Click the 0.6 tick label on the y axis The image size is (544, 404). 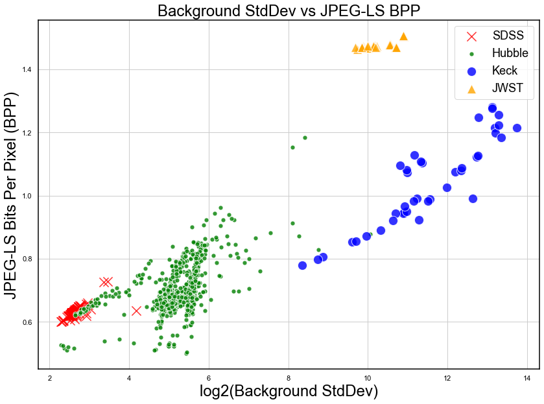point(27,322)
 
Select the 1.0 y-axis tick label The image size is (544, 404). point(27,196)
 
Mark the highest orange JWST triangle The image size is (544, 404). point(403,37)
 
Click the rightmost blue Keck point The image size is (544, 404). point(517,128)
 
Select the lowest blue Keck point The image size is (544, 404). point(302,265)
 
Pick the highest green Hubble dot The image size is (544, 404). point(305,137)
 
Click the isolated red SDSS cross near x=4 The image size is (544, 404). point(136,311)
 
